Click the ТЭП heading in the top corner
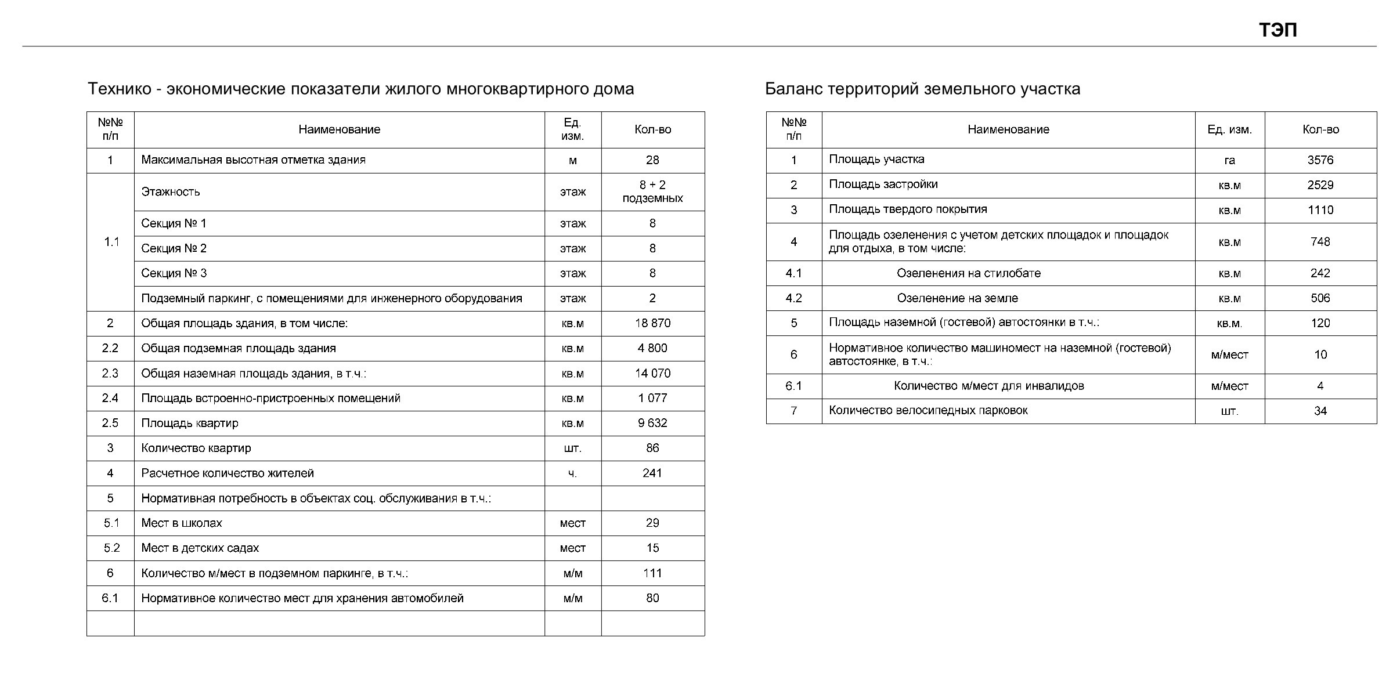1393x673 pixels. (1277, 30)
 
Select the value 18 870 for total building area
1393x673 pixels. (652, 323)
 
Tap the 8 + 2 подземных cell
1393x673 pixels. (652, 191)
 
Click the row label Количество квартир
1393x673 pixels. (196, 448)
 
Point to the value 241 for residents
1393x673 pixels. (652, 473)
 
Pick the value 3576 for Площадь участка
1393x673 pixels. (1320, 160)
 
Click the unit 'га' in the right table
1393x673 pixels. (1229, 160)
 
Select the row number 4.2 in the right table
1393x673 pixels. (793, 298)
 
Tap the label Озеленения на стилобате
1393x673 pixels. (968, 273)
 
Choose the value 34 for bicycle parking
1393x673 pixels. (1320, 411)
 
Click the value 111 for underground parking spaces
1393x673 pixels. (652, 573)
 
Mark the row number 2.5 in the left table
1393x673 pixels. (110, 423)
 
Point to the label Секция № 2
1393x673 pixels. (174, 248)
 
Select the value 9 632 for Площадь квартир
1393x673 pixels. (652, 423)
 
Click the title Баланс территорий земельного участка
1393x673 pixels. (922, 89)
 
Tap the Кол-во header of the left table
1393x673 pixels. (652, 129)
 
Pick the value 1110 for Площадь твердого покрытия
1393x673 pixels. (1320, 210)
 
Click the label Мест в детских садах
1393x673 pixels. (200, 548)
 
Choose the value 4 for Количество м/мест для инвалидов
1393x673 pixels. (1320, 386)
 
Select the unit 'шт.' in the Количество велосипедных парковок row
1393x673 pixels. (1229, 411)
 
